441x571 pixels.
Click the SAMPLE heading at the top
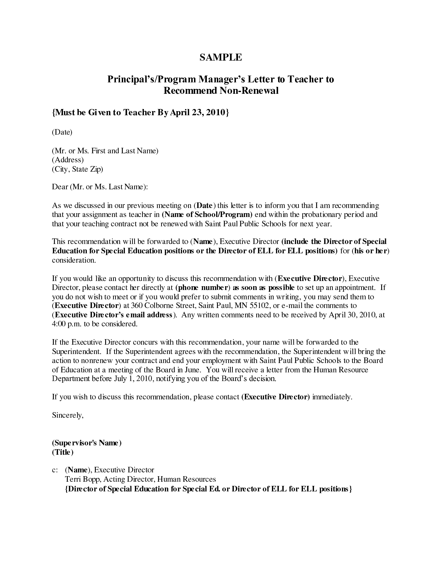(x=221, y=57)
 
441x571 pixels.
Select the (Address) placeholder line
(x=68, y=160)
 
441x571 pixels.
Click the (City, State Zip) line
(x=77, y=169)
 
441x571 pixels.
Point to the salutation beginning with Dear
(x=100, y=187)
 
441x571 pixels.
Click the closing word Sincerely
(x=68, y=415)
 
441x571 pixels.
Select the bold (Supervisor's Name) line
(x=87, y=443)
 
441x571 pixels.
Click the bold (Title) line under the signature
(x=63, y=452)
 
